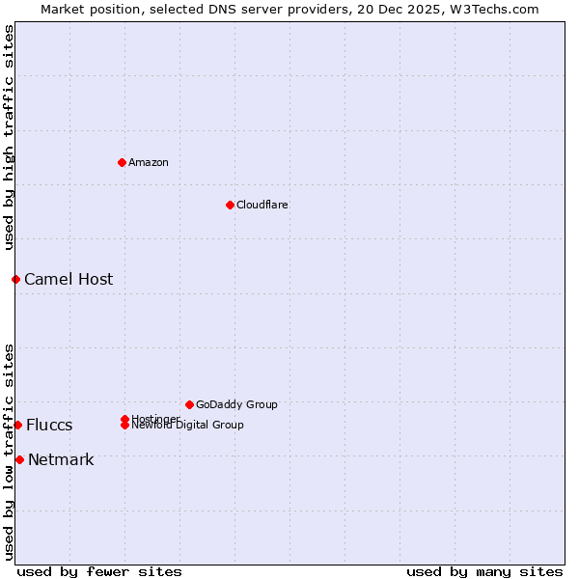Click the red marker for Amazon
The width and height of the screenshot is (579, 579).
click(x=122, y=162)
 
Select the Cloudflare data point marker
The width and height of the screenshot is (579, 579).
click(x=230, y=205)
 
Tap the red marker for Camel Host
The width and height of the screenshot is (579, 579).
click(x=15, y=279)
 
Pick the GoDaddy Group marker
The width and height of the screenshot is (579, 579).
click(x=189, y=404)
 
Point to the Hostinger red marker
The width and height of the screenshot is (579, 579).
click(x=124, y=419)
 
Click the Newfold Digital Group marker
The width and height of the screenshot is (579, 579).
click(x=124, y=425)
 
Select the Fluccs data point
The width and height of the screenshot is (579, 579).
click(x=17, y=425)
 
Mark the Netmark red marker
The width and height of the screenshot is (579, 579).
click(x=19, y=459)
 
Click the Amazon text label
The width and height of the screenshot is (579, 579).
click(x=149, y=162)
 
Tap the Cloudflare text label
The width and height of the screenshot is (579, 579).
click(x=262, y=205)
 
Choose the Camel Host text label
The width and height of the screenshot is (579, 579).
click(x=69, y=279)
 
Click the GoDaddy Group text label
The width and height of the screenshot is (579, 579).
click(x=236, y=404)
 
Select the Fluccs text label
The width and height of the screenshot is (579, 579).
click(x=49, y=425)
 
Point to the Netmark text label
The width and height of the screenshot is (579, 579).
click(x=61, y=459)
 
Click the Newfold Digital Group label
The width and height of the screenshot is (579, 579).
click(x=188, y=426)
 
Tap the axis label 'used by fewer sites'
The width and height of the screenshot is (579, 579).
click(x=99, y=571)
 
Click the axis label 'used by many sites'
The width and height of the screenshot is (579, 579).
click(x=484, y=571)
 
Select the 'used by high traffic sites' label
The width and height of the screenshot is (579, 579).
click(x=9, y=136)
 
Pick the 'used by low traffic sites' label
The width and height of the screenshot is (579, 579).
click(x=9, y=451)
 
